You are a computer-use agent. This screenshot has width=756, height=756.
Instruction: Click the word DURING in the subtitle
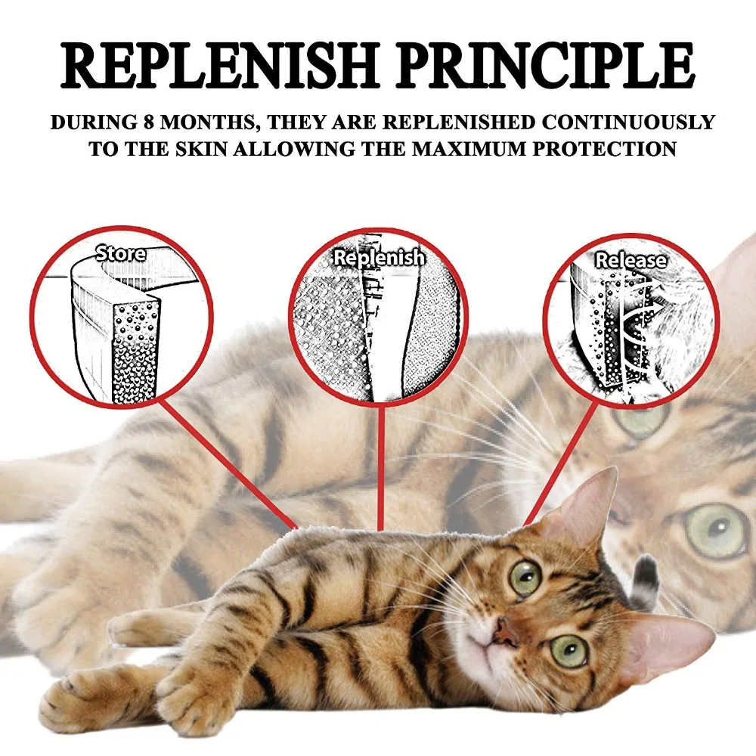point(83,122)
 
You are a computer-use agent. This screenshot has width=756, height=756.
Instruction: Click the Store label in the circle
point(121,254)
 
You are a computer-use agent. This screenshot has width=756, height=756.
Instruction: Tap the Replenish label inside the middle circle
point(379,258)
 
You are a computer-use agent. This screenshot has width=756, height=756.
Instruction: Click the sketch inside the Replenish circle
point(378,325)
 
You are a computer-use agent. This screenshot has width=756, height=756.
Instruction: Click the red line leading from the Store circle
point(227,461)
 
